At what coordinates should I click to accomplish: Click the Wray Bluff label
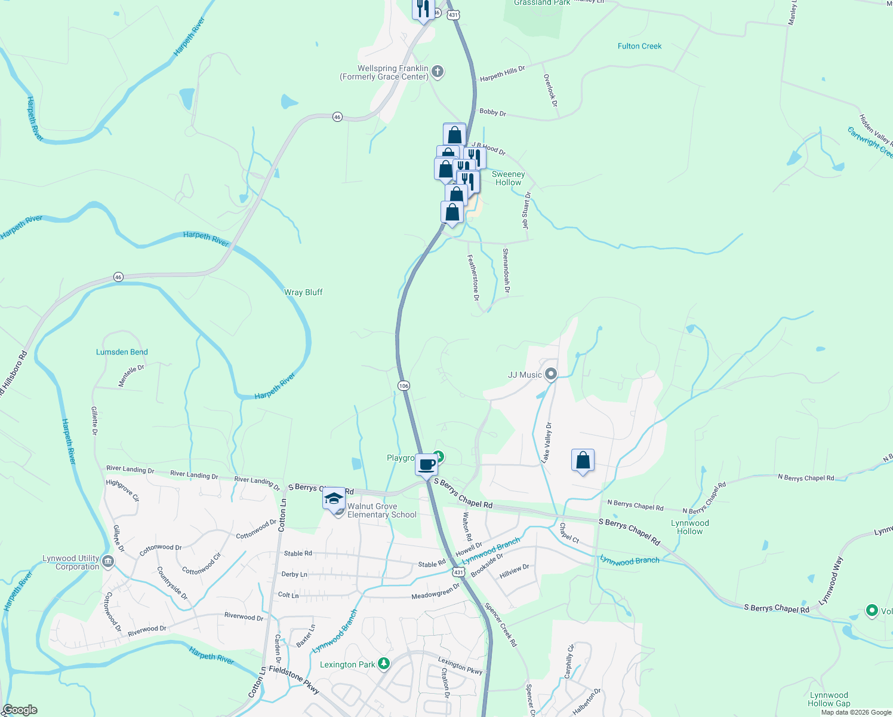(303, 292)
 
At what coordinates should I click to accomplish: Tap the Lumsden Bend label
(122, 352)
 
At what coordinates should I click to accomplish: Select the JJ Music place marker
(551, 375)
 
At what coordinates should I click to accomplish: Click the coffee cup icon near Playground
(426, 464)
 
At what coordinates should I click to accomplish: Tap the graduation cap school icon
(334, 498)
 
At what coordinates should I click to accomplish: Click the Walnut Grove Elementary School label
(381, 511)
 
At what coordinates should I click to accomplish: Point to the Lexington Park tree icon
(384, 664)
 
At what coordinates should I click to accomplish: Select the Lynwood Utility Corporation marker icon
(108, 561)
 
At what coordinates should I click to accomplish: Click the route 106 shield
(404, 385)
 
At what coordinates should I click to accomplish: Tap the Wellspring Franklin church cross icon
(438, 72)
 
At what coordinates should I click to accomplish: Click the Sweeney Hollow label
(509, 179)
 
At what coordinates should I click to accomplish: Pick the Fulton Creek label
(639, 46)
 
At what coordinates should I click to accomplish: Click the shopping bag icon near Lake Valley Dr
(583, 461)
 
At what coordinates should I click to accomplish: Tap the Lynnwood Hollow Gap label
(829, 699)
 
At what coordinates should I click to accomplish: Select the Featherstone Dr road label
(473, 277)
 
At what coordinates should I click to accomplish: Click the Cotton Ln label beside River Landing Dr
(282, 513)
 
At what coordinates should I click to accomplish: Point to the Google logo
(20, 710)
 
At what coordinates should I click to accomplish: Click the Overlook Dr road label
(550, 90)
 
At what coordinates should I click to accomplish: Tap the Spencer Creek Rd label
(501, 625)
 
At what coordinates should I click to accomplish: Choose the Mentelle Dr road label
(131, 376)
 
